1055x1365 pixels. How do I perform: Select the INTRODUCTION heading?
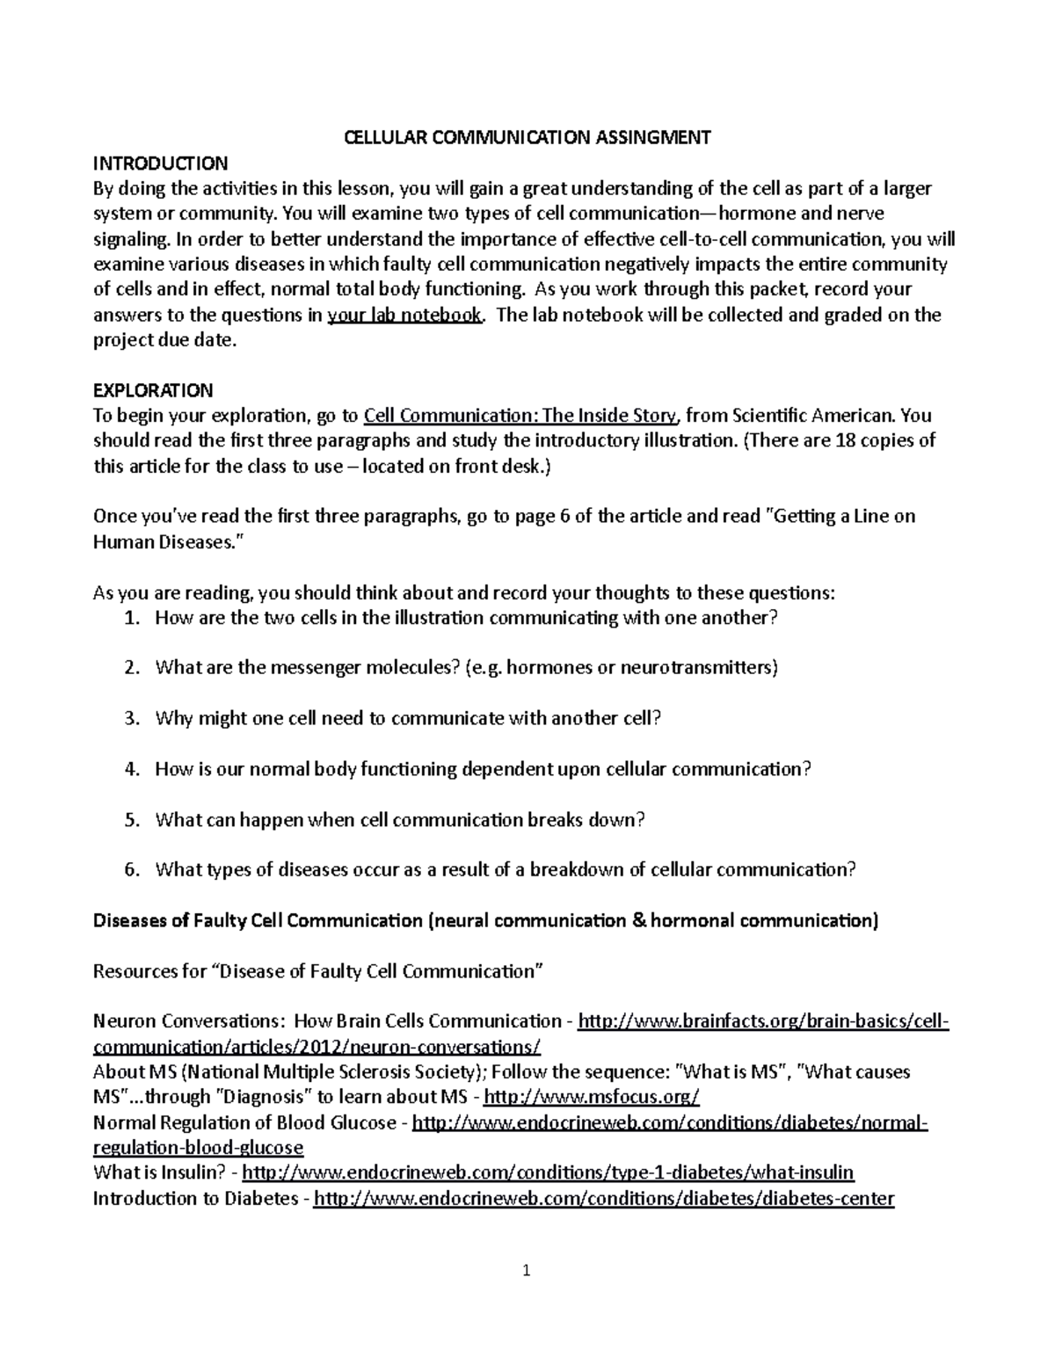(x=160, y=163)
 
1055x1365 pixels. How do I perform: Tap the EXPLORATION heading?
(x=153, y=390)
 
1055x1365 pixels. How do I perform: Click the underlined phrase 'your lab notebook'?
(x=404, y=316)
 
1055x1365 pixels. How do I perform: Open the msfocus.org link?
(x=592, y=1097)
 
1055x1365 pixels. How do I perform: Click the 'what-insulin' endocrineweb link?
(x=548, y=1173)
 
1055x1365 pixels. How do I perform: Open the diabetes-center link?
(x=604, y=1199)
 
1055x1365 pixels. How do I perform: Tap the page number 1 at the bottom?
(x=527, y=1270)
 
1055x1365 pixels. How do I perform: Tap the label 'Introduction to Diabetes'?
(x=195, y=1199)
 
